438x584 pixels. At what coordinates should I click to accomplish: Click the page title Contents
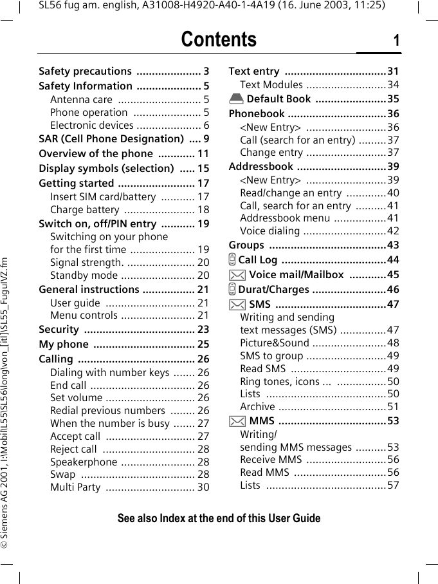point(219,40)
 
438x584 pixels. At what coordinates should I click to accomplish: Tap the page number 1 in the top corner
point(396,41)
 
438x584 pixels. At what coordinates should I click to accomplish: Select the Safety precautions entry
point(85,71)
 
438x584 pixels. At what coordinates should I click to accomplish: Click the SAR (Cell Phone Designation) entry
point(111,138)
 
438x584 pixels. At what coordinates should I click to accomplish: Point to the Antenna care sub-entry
point(81,99)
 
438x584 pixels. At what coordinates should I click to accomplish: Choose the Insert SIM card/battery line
point(103,197)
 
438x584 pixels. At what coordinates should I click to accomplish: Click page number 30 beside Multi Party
point(203,487)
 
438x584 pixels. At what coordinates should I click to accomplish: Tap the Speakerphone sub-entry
point(84,462)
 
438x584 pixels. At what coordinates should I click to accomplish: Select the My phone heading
point(64,344)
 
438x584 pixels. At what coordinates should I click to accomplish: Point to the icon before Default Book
point(236,99)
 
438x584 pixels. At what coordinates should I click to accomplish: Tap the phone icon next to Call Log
point(232,260)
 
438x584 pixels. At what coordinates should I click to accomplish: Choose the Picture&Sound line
point(275,343)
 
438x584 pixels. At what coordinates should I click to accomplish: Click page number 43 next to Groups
point(393,245)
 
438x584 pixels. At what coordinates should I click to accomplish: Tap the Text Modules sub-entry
point(271,85)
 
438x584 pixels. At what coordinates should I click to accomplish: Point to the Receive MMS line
point(271,460)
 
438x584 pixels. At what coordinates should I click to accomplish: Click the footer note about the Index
point(219,518)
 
